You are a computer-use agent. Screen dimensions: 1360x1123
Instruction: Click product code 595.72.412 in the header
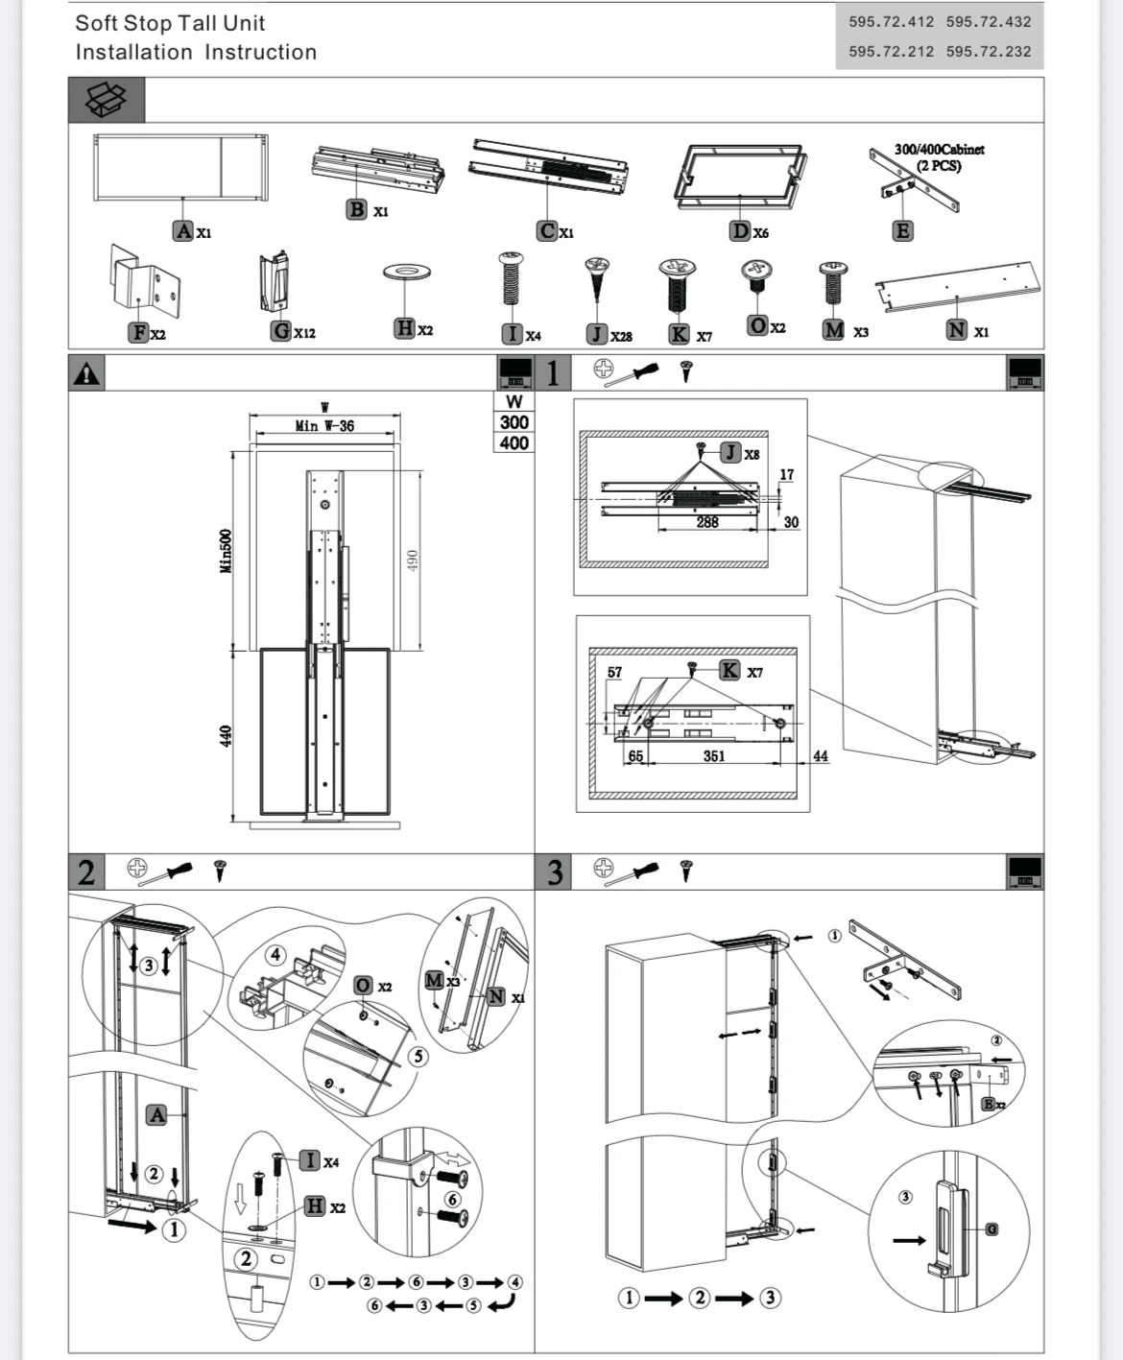point(891,21)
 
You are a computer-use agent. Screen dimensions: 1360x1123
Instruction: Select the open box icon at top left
point(107,99)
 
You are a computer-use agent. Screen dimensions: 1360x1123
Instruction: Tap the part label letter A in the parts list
point(183,230)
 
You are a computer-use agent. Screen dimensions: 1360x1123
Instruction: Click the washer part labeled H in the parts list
point(406,273)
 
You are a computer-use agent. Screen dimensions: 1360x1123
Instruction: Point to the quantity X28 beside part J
point(621,336)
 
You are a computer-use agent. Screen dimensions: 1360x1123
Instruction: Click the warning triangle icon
point(86,373)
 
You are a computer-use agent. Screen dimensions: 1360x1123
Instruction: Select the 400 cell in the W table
point(514,442)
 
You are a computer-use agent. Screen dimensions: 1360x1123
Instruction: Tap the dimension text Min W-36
point(324,425)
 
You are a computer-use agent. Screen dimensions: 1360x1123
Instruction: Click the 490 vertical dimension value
point(413,560)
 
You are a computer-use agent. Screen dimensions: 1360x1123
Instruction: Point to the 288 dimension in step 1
point(707,522)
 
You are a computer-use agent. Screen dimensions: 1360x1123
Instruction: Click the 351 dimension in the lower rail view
point(714,756)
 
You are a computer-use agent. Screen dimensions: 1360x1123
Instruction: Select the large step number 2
point(86,872)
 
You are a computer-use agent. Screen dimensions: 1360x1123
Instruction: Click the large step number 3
point(554,872)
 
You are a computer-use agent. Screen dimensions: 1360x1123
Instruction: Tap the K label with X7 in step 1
point(730,670)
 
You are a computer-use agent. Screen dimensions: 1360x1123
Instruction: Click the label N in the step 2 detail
point(496,996)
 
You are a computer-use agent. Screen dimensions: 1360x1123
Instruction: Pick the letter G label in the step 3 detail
point(992,1229)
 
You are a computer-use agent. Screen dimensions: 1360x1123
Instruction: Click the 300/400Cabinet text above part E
point(939,150)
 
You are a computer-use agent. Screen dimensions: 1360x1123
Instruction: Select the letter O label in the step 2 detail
point(363,985)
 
